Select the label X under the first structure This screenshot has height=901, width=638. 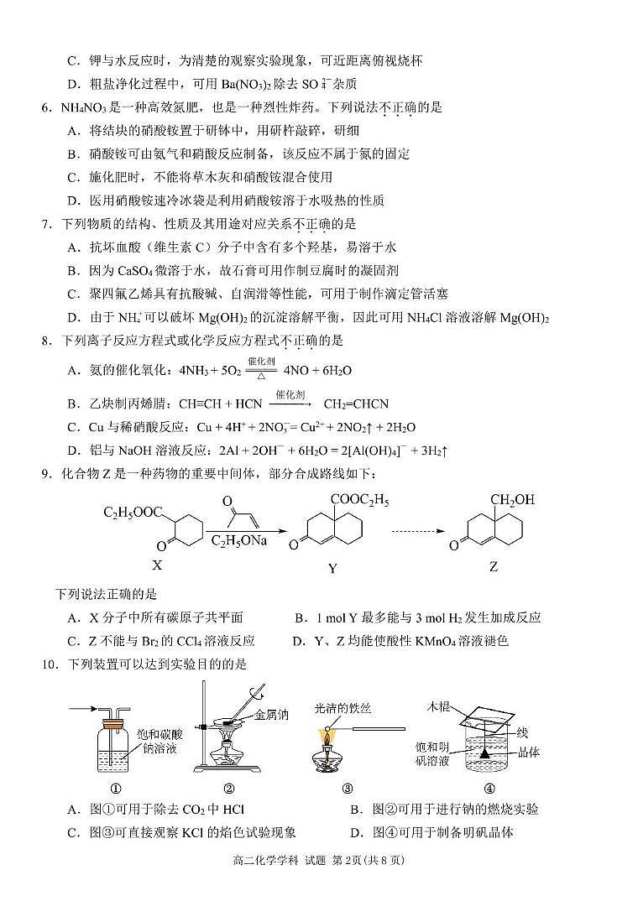[155, 565]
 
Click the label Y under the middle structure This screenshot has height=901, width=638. [332, 568]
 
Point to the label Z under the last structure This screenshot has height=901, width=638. [494, 566]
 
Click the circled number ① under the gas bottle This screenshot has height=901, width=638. [115, 788]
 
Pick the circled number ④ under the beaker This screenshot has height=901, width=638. [489, 788]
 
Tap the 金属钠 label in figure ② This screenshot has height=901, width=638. [272, 715]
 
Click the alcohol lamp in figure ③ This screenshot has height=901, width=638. [328, 757]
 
